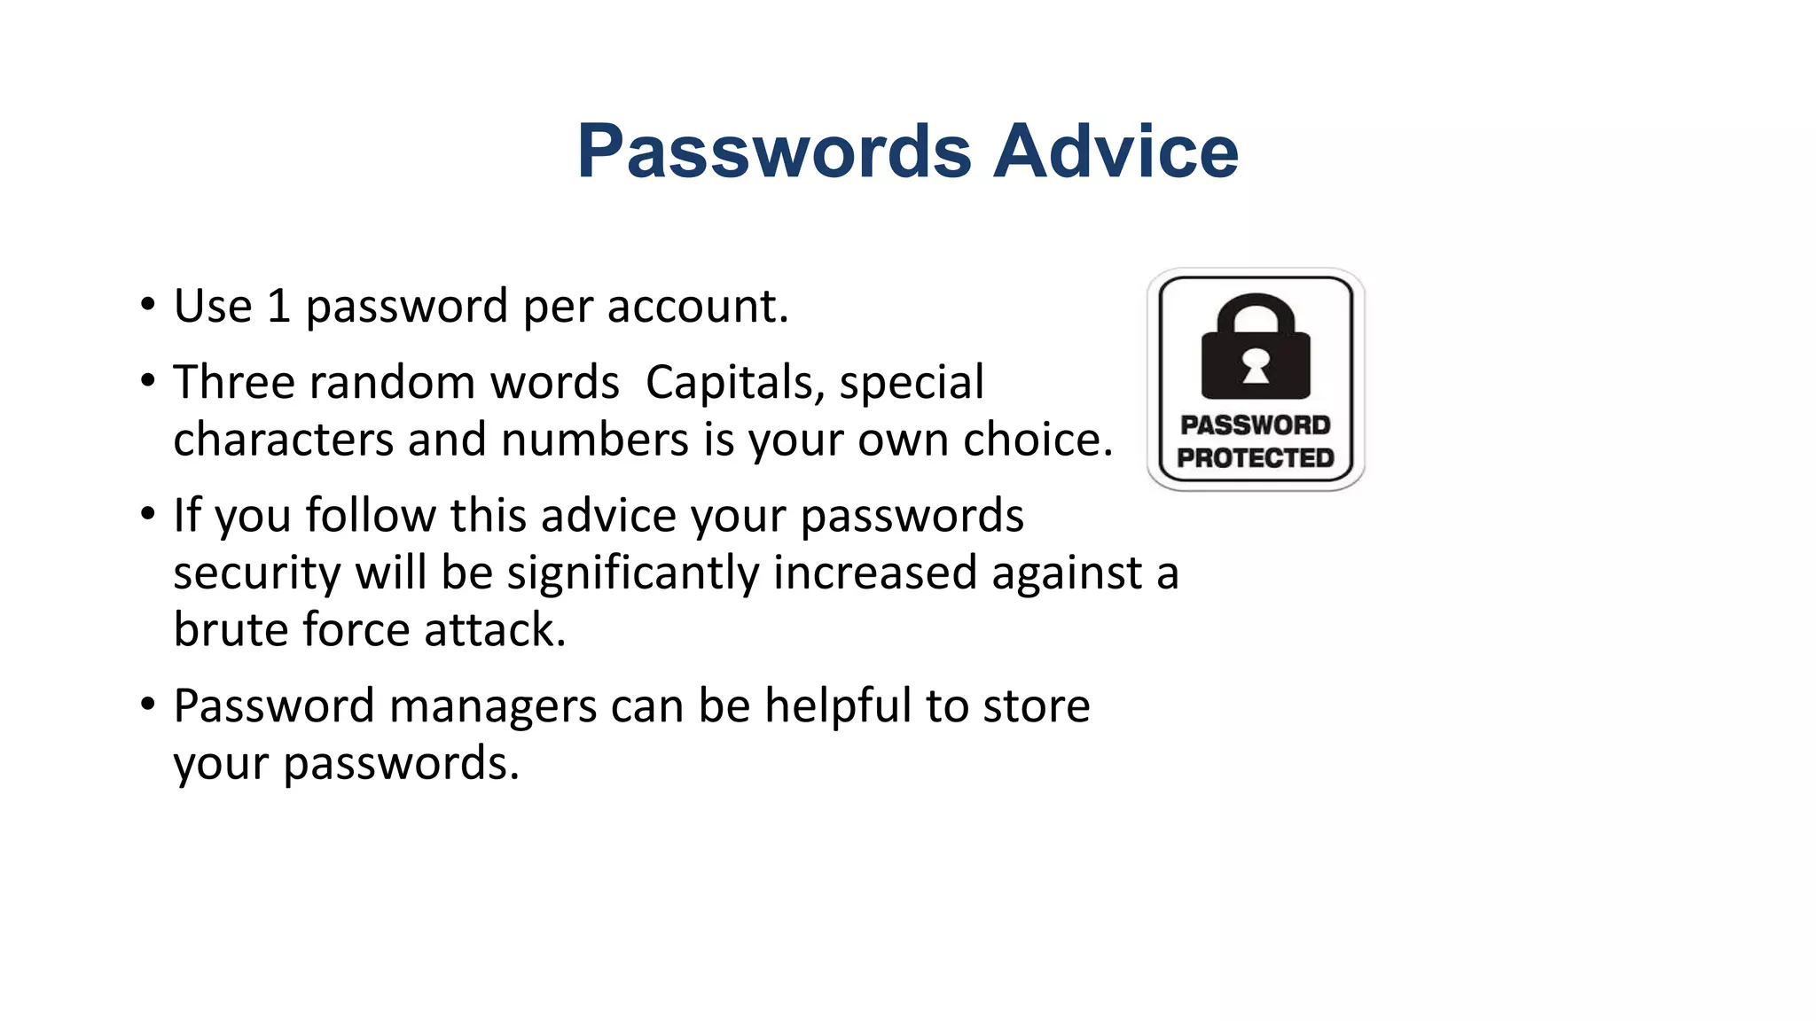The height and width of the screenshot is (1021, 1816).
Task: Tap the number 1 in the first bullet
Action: click(x=278, y=307)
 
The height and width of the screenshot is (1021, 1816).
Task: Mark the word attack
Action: click(x=494, y=630)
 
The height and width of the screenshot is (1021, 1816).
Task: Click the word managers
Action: click(x=492, y=706)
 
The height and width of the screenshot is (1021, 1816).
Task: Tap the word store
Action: click(x=1036, y=706)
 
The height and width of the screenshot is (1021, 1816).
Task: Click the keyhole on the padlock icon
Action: click(x=1256, y=364)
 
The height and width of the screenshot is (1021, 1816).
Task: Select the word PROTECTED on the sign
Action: click(x=1256, y=458)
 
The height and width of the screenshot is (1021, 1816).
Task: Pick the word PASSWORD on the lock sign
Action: click(x=1256, y=425)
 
